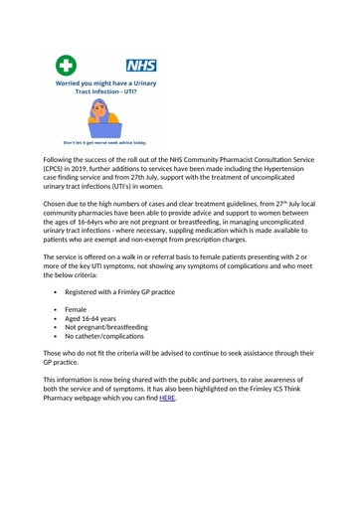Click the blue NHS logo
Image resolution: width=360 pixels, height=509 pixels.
point(139,66)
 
